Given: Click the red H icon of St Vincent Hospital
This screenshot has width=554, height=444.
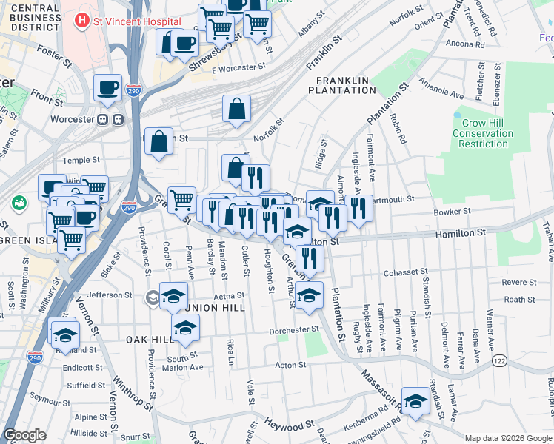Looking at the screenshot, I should pyautogui.click(x=82, y=21).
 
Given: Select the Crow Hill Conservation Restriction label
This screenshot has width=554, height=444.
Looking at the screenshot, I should pyautogui.click(x=482, y=134).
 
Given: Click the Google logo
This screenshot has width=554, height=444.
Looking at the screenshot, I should pyautogui.click(x=24, y=435).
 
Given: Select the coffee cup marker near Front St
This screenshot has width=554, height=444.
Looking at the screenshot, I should pyautogui.click(x=107, y=88).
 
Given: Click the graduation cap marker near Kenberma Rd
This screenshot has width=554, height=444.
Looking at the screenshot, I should pyautogui.click(x=415, y=402).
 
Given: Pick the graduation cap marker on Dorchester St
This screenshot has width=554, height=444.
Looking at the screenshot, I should pyautogui.click(x=185, y=327).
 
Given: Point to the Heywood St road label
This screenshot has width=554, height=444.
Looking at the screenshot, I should pyautogui.click(x=290, y=426).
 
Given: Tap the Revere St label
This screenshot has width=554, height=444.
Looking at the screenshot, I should pyautogui.click(x=518, y=282).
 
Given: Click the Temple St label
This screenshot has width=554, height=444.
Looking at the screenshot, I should pyautogui.click(x=81, y=160).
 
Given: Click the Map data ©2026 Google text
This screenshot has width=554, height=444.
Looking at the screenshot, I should pyautogui.click(x=507, y=437).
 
